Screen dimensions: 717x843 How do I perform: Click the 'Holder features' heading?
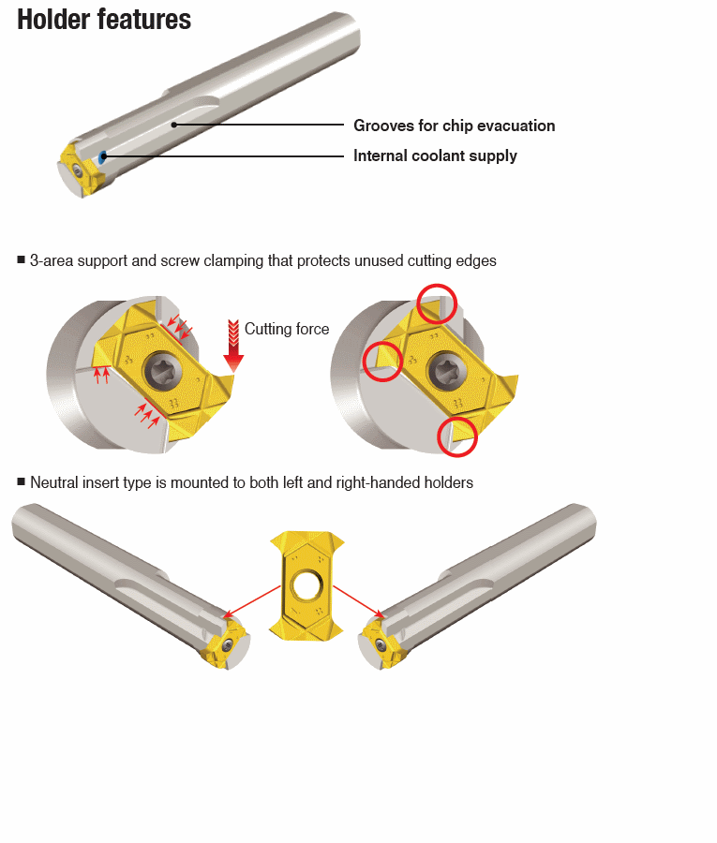(104, 20)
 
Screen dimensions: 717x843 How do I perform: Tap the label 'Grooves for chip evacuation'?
(454, 126)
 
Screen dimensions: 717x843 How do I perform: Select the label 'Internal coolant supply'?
(435, 155)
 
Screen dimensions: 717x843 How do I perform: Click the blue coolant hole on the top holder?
(102, 157)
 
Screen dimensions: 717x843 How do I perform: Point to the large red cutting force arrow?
(233, 346)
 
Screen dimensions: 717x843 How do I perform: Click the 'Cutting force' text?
(287, 329)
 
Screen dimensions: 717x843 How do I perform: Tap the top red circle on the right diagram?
(437, 303)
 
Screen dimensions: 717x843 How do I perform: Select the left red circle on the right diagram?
(382, 362)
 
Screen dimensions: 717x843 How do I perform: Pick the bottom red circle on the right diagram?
(457, 436)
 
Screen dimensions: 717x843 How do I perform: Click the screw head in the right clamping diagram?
(444, 371)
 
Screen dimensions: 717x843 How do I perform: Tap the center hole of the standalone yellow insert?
(306, 585)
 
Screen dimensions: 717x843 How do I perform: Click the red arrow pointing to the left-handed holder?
(252, 601)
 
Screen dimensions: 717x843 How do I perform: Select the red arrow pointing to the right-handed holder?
(359, 601)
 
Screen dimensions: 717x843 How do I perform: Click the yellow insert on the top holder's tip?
(82, 170)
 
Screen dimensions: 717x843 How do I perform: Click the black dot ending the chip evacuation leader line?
(173, 125)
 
